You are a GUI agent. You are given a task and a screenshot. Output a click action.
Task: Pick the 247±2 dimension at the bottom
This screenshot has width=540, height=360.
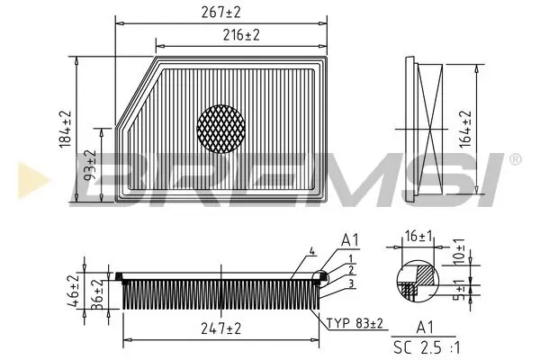coord(221,330)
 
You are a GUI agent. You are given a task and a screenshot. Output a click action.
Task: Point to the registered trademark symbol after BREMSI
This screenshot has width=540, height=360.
coord(515,159)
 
